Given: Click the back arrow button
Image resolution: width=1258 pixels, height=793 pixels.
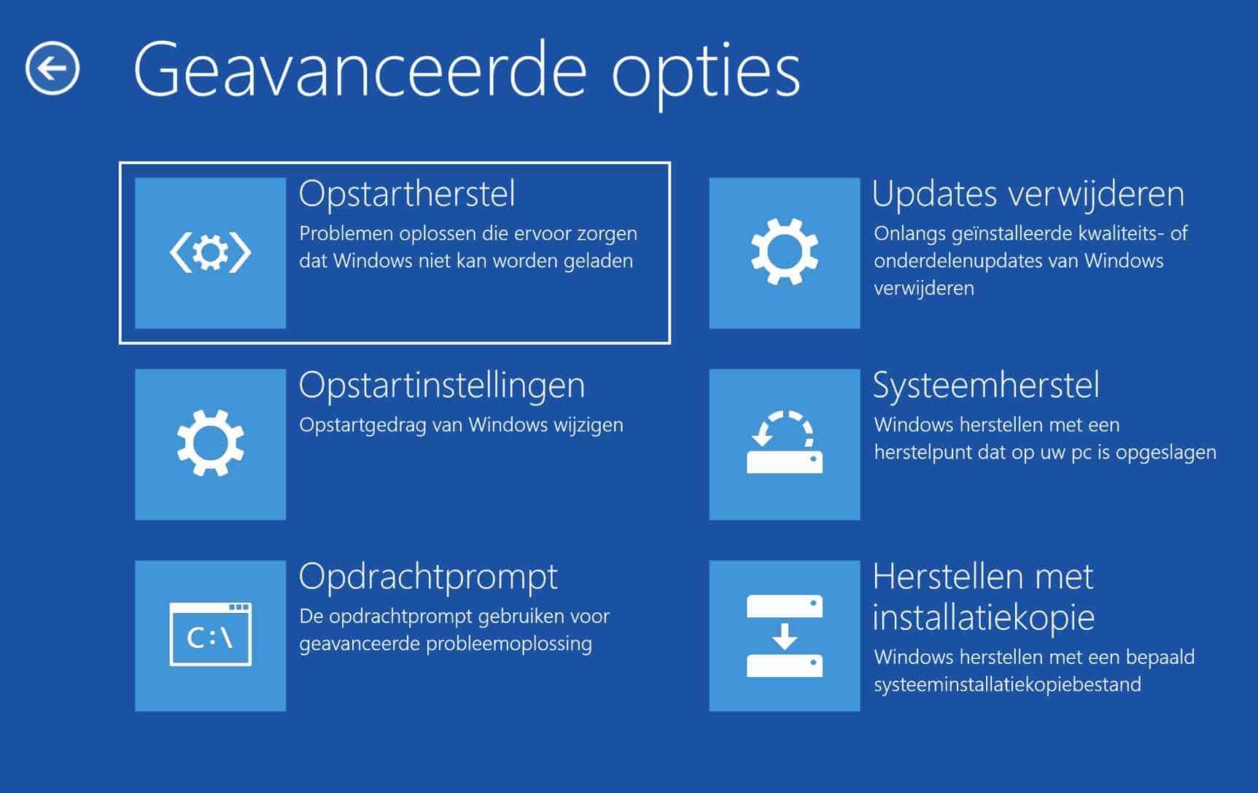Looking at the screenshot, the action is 53,69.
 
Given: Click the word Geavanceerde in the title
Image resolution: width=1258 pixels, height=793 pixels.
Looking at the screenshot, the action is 360,70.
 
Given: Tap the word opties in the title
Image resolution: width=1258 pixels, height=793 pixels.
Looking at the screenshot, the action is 706,76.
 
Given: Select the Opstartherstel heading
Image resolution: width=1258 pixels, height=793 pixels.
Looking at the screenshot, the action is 407,194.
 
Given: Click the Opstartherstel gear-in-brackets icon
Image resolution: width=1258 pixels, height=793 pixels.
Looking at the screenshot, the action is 210,253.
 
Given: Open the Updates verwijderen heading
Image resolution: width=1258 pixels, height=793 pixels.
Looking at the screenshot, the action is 1028,194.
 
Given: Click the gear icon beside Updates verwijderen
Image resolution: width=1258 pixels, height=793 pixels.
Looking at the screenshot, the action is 785,251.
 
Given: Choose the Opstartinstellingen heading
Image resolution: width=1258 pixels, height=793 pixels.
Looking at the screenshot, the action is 442,386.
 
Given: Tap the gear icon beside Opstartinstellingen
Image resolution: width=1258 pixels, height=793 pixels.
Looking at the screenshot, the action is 210,443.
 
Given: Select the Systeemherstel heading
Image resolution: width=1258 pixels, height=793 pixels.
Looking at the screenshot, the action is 986,386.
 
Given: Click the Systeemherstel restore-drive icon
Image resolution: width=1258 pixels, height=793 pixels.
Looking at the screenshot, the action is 785,442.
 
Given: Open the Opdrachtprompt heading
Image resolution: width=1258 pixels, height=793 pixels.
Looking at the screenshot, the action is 429,577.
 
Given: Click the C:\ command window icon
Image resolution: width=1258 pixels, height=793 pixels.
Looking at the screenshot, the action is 210,634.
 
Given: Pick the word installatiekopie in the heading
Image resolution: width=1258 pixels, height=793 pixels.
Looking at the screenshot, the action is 984,617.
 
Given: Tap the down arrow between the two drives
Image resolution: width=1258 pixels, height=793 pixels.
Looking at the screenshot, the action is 785,636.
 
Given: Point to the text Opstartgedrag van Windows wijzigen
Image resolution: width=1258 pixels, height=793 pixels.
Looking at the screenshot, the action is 461,426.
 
